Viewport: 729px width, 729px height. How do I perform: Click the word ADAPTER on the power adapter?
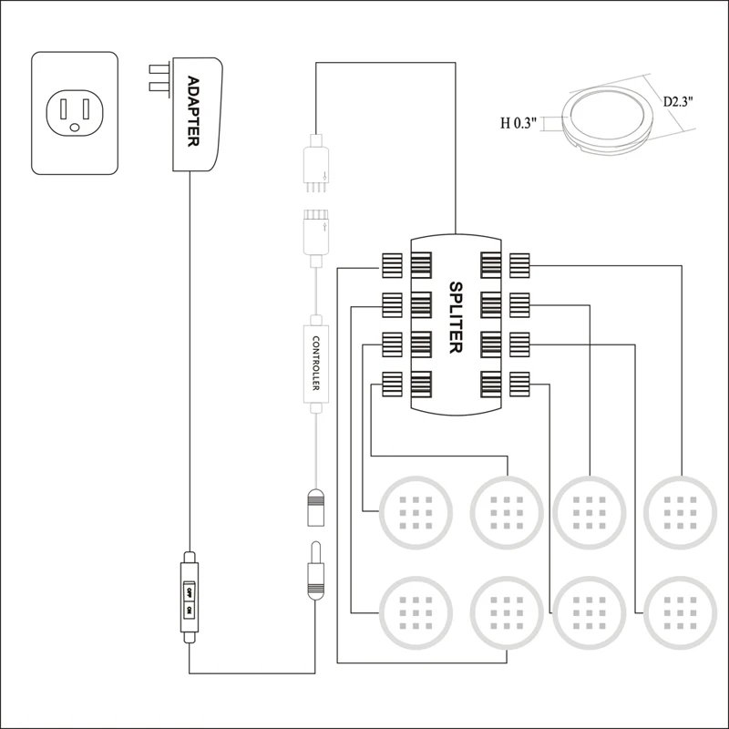coord(192,110)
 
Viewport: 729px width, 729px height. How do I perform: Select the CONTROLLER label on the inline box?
coord(314,364)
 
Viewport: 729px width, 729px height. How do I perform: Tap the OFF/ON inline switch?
coord(189,599)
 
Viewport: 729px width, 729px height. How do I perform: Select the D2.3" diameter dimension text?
coord(680,100)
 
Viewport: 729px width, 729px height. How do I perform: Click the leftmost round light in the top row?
coord(416,511)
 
